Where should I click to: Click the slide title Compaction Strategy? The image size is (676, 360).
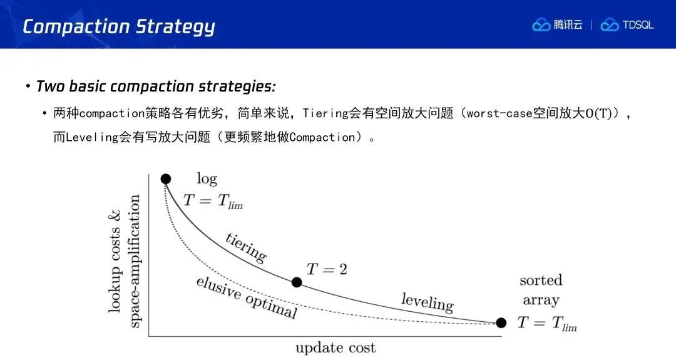click(119, 26)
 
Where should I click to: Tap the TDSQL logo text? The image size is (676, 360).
click(638, 25)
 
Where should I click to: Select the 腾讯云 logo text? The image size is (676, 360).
click(568, 25)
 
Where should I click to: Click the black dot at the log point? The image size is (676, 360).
click(165, 178)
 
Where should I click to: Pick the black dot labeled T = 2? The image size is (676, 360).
click(297, 282)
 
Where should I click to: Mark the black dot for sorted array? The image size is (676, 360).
click(501, 322)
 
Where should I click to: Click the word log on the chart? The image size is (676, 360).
click(207, 178)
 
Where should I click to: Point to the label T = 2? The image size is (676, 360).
click(327, 269)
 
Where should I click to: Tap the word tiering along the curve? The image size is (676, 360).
click(246, 247)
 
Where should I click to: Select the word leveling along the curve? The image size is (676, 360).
click(428, 302)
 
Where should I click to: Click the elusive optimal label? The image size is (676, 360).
click(247, 297)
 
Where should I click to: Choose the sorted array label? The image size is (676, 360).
click(541, 290)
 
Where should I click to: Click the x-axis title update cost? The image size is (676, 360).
click(335, 348)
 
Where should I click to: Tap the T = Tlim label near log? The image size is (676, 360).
click(213, 201)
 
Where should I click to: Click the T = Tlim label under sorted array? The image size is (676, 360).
click(547, 323)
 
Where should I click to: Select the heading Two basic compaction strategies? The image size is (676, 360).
click(156, 86)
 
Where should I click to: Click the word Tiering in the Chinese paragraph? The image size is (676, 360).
click(325, 113)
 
